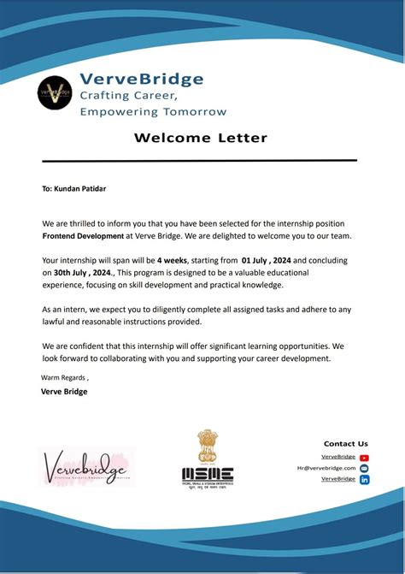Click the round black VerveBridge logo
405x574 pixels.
pyautogui.click(x=56, y=92)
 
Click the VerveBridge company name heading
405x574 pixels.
pyautogui.click(x=142, y=79)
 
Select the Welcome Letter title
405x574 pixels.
pyautogui.click(x=200, y=138)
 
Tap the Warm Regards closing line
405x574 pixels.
pyautogui.click(x=65, y=377)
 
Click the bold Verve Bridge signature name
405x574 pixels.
pyautogui.click(x=64, y=392)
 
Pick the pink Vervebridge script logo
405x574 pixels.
pyautogui.click(x=85, y=468)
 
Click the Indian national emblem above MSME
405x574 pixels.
pyautogui.click(x=208, y=447)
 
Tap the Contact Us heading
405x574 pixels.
pyautogui.click(x=345, y=443)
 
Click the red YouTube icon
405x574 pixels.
pyautogui.click(x=364, y=458)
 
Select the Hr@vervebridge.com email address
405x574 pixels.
pyautogui.click(x=326, y=468)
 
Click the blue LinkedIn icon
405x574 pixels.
pyautogui.click(x=364, y=480)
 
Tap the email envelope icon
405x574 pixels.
pyautogui.click(x=364, y=469)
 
